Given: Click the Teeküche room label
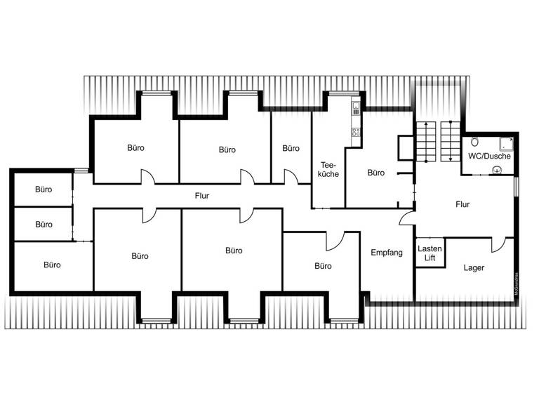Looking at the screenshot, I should (328, 168).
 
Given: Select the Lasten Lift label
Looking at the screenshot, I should (429, 253).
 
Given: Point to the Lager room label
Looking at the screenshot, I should (474, 268).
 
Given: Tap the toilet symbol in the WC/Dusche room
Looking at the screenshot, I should (475, 140).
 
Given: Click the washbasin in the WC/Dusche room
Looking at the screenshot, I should (498, 169).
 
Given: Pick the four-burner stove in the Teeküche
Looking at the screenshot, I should (356, 131).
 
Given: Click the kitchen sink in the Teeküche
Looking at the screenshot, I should (356, 109).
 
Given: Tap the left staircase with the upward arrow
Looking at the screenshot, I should (425, 141).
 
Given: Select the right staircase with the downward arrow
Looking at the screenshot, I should (449, 141).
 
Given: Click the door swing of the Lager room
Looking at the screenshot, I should (498, 245).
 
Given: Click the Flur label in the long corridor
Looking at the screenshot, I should (202, 196).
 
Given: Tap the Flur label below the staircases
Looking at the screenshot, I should (463, 205).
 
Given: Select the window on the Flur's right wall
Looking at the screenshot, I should (516, 187).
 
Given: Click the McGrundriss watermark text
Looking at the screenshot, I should (517, 286).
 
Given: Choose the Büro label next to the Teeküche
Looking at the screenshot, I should (376, 173).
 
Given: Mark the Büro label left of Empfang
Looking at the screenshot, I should (323, 266).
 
